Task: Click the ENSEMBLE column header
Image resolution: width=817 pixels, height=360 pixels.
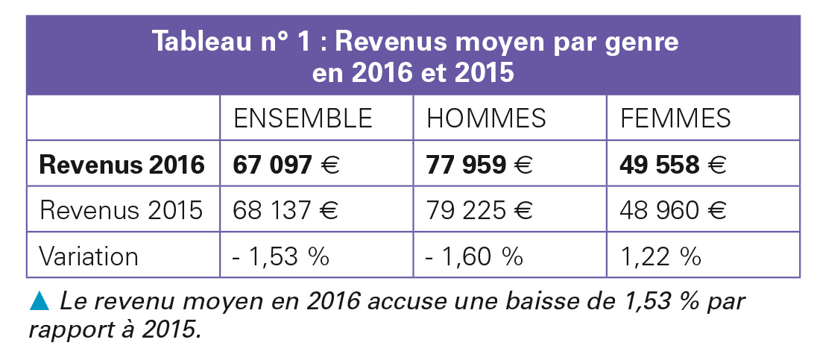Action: tap(303, 119)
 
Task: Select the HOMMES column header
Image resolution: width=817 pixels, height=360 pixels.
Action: tap(486, 119)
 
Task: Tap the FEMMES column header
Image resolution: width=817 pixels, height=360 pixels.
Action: tap(675, 119)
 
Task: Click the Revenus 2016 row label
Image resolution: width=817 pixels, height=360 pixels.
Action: tap(122, 165)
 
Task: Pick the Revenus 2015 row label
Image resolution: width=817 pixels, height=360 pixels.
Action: tap(122, 210)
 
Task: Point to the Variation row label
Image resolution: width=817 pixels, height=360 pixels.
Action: tap(89, 256)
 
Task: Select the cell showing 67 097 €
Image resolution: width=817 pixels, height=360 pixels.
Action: tap(286, 165)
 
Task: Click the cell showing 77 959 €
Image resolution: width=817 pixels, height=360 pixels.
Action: tap(479, 165)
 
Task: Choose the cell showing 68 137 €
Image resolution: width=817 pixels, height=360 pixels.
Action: tap(286, 210)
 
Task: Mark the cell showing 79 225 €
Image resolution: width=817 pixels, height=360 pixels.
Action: tap(479, 210)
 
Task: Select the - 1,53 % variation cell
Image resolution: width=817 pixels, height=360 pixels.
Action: tap(281, 256)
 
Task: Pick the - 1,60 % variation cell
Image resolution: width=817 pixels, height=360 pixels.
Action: tap(474, 256)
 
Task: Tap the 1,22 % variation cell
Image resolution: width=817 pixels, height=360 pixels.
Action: tap(660, 256)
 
